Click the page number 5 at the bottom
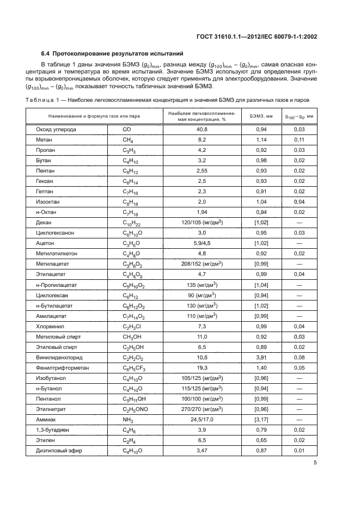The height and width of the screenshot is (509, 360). (315, 463)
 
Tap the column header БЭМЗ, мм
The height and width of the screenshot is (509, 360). (260, 116)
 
